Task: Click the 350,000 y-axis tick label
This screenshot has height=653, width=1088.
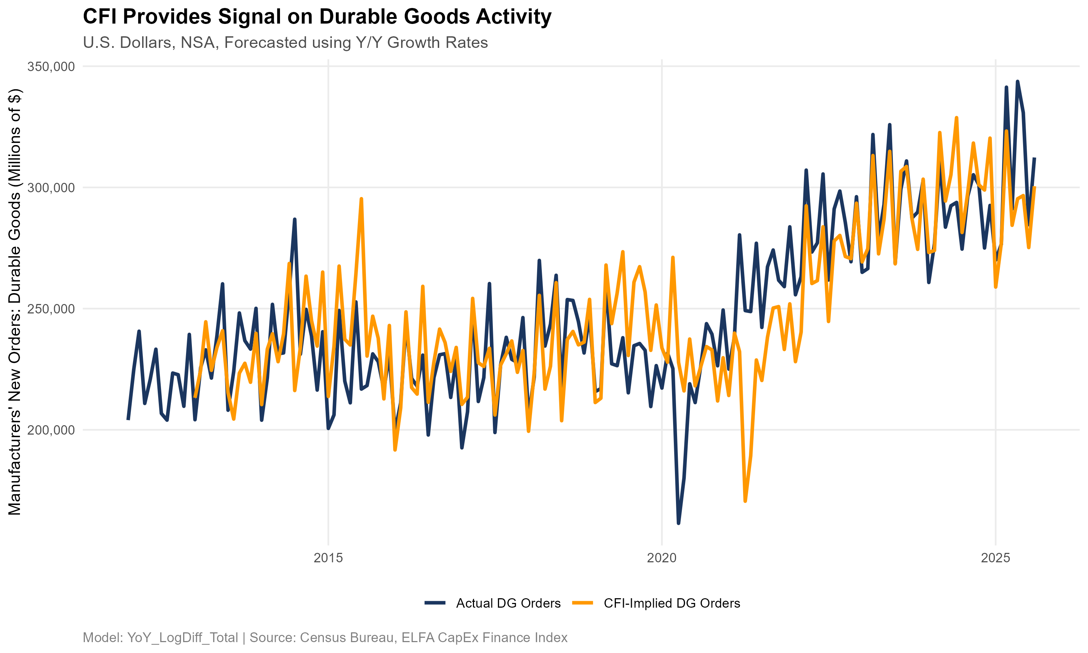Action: (51, 67)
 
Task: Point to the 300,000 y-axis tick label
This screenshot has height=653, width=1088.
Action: (51, 188)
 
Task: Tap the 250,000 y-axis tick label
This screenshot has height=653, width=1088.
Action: (51, 309)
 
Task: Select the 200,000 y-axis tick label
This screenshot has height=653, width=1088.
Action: (51, 430)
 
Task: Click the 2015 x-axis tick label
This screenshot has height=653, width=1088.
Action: (328, 558)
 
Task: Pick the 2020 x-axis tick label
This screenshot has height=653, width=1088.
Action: (662, 558)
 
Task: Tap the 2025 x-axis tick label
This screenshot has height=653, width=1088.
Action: (996, 558)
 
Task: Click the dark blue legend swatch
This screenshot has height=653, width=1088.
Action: (435, 603)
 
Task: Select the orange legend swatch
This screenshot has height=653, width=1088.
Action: (582, 603)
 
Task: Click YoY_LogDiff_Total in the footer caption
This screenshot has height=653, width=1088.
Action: (182, 638)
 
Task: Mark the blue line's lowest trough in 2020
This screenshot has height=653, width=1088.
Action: (679, 523)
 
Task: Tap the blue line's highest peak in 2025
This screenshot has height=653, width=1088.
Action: (1017, 81)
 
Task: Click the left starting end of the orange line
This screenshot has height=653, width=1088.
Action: (195, 397)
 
